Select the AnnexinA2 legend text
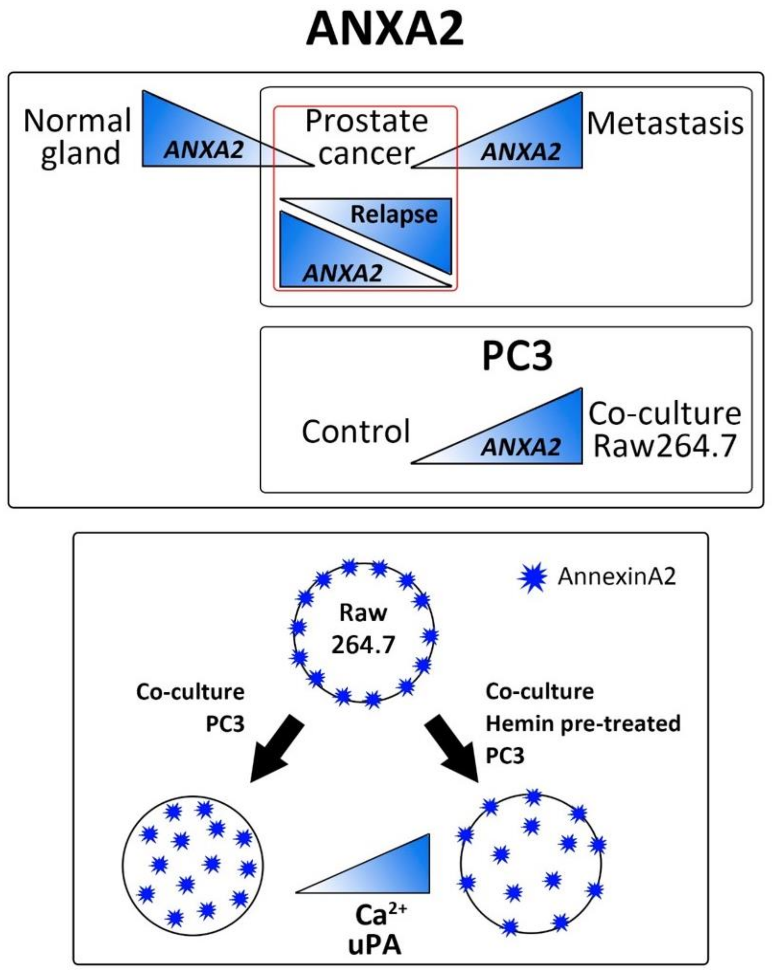(617, 577)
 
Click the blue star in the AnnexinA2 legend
(532, 578)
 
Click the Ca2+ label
(381, 914)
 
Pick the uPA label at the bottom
(375, 945)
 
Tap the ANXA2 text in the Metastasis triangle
(521, 151)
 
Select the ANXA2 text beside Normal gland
(204, 150)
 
